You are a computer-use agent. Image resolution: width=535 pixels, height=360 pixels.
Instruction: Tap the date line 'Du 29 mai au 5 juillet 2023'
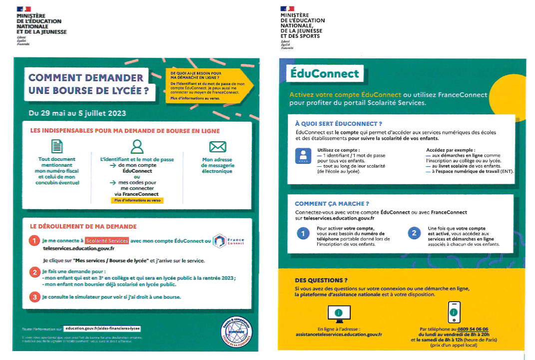click(x=77, y=113)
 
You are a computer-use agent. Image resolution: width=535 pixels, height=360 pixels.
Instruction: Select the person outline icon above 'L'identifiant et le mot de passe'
click(x=137, y=146)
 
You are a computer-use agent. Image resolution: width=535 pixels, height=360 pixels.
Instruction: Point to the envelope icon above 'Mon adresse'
click(x=217, y=146)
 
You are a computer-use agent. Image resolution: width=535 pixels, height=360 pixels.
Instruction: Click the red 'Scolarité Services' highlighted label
click(x=106, y=240)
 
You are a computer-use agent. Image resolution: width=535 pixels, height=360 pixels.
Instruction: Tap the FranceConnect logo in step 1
click(x=229, y=241)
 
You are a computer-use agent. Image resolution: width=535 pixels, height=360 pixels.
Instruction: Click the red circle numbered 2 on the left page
click(x=34, y=272)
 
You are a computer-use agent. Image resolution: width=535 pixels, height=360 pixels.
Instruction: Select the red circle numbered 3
click(x=34, y=297)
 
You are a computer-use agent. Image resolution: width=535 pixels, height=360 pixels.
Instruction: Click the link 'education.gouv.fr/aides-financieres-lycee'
click(x=102, y=329)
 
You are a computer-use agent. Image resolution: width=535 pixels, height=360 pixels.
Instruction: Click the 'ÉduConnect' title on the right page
click(x=325, y=74)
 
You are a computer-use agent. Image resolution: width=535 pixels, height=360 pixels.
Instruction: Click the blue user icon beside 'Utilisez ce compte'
click(x=303, y=156)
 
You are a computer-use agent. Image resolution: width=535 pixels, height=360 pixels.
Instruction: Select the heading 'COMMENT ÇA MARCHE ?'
click(x=332, y=204)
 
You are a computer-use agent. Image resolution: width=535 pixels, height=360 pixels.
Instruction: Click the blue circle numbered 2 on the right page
click(x=414, y=233)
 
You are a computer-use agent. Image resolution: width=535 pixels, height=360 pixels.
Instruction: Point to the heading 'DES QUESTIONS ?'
click(x=321, y=280)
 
